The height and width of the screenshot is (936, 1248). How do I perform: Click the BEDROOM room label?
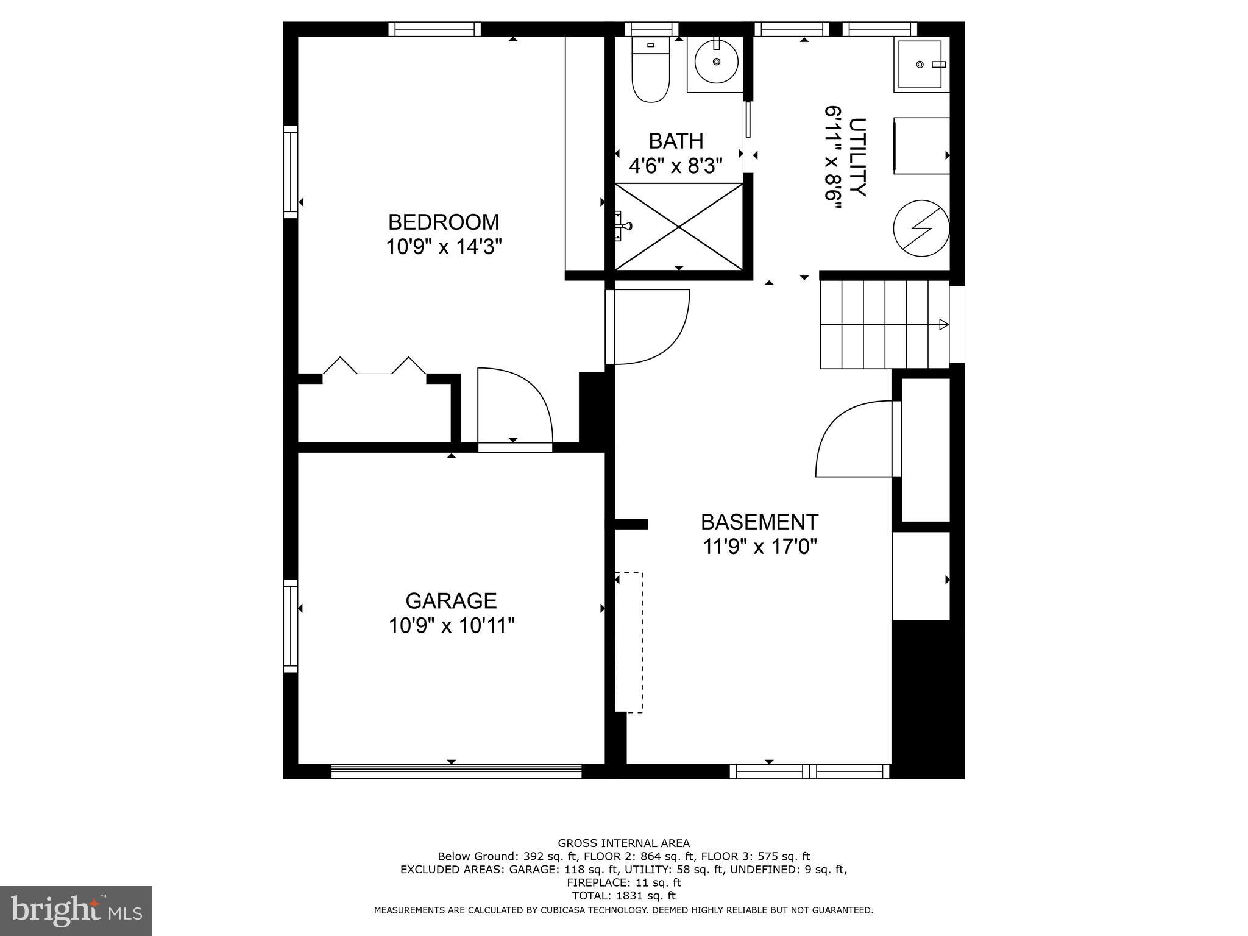pyautogui.click(x=443, y=221)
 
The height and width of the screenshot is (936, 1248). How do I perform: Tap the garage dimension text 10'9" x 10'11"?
pyautogui.click(x=452, y=625)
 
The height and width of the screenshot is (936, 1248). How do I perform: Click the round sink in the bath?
pyautogui.click(x=717, y=63)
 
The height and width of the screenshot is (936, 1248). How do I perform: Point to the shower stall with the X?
pyautogui.click(x=679, y=226)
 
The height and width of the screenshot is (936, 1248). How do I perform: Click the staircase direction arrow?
pyautogui.click(x=943, y=324)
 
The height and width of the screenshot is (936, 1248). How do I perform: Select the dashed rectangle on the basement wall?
pyautogui.click(x=629, y=642)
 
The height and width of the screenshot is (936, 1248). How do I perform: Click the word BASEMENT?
pyautogui.click(x=759, y=522)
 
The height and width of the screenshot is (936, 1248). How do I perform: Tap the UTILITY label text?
pyautogui.click(x=857, y=157)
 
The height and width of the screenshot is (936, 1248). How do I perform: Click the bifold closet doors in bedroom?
pyautogui.click(x=374, y=366)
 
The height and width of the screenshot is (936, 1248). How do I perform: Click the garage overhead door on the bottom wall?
pyautogui.click(x=456, y=772)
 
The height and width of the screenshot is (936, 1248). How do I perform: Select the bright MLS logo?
pyautogui.click(x=76, y=911)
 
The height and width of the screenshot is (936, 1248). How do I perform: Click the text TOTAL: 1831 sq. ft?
pyautogui.click(x=623, y=896)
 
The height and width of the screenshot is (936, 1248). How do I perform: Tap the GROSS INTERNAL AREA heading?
pyautogui.click(x=623, y=843)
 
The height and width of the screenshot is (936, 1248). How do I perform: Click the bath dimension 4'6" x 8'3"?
pyautogui.click(x=676, y=166)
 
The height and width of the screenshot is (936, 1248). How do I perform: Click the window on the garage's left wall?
pyautogui.click(x=291, y=626)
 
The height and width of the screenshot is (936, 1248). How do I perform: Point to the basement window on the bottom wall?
pyautogui.click(x=809, y=772)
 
